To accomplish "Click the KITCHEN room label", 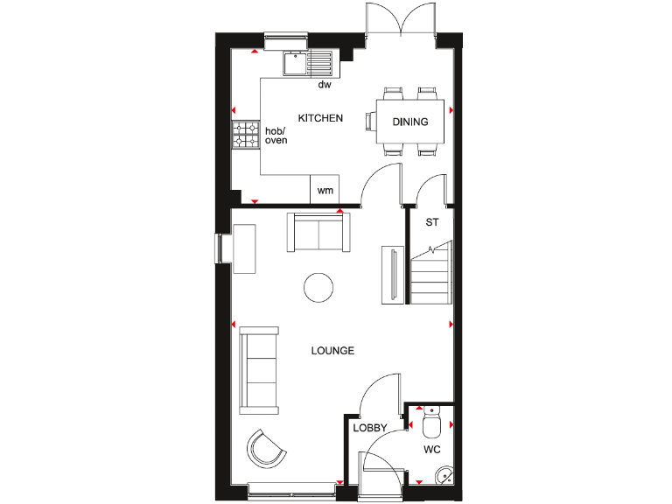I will pyautogui.click(x=320, y=118).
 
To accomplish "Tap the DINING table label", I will pyautogui.click(x=409, y=122).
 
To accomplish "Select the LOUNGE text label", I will pyautogui.click(x=332, y=351).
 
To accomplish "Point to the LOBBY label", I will pyautogui.click(x=369, y=429).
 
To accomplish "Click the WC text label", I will pyautogui.click(x=431, y=451).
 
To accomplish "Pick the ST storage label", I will pyautogui.click(x=431, y=222).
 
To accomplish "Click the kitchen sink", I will pyautogui.click(x=307, y=62).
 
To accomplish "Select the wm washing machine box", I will pyautogui.click(x=325, y=190).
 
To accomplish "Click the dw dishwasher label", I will pyautogui.click(x=324, y=85).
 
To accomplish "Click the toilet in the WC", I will pyautogui.click(x=430, y=425).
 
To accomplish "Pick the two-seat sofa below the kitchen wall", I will pyautogui.click(x=316, y=232).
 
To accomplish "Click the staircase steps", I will pyautogui.click(x=430, y=276).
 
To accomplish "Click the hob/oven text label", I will pyautogui.click(x=276, y=135).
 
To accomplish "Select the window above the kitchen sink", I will pyautogui.click(x=282, y=37).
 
